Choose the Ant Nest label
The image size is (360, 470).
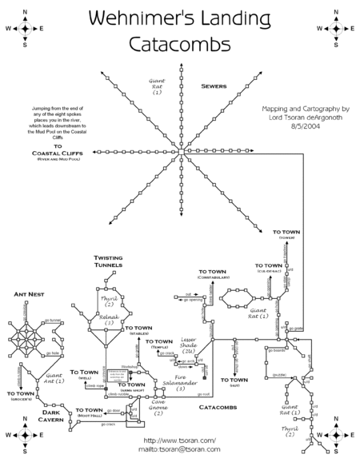pyautogui.click(x=29, y=294)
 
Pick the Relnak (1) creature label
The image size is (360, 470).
pyautogui.click(x=110, y=319)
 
